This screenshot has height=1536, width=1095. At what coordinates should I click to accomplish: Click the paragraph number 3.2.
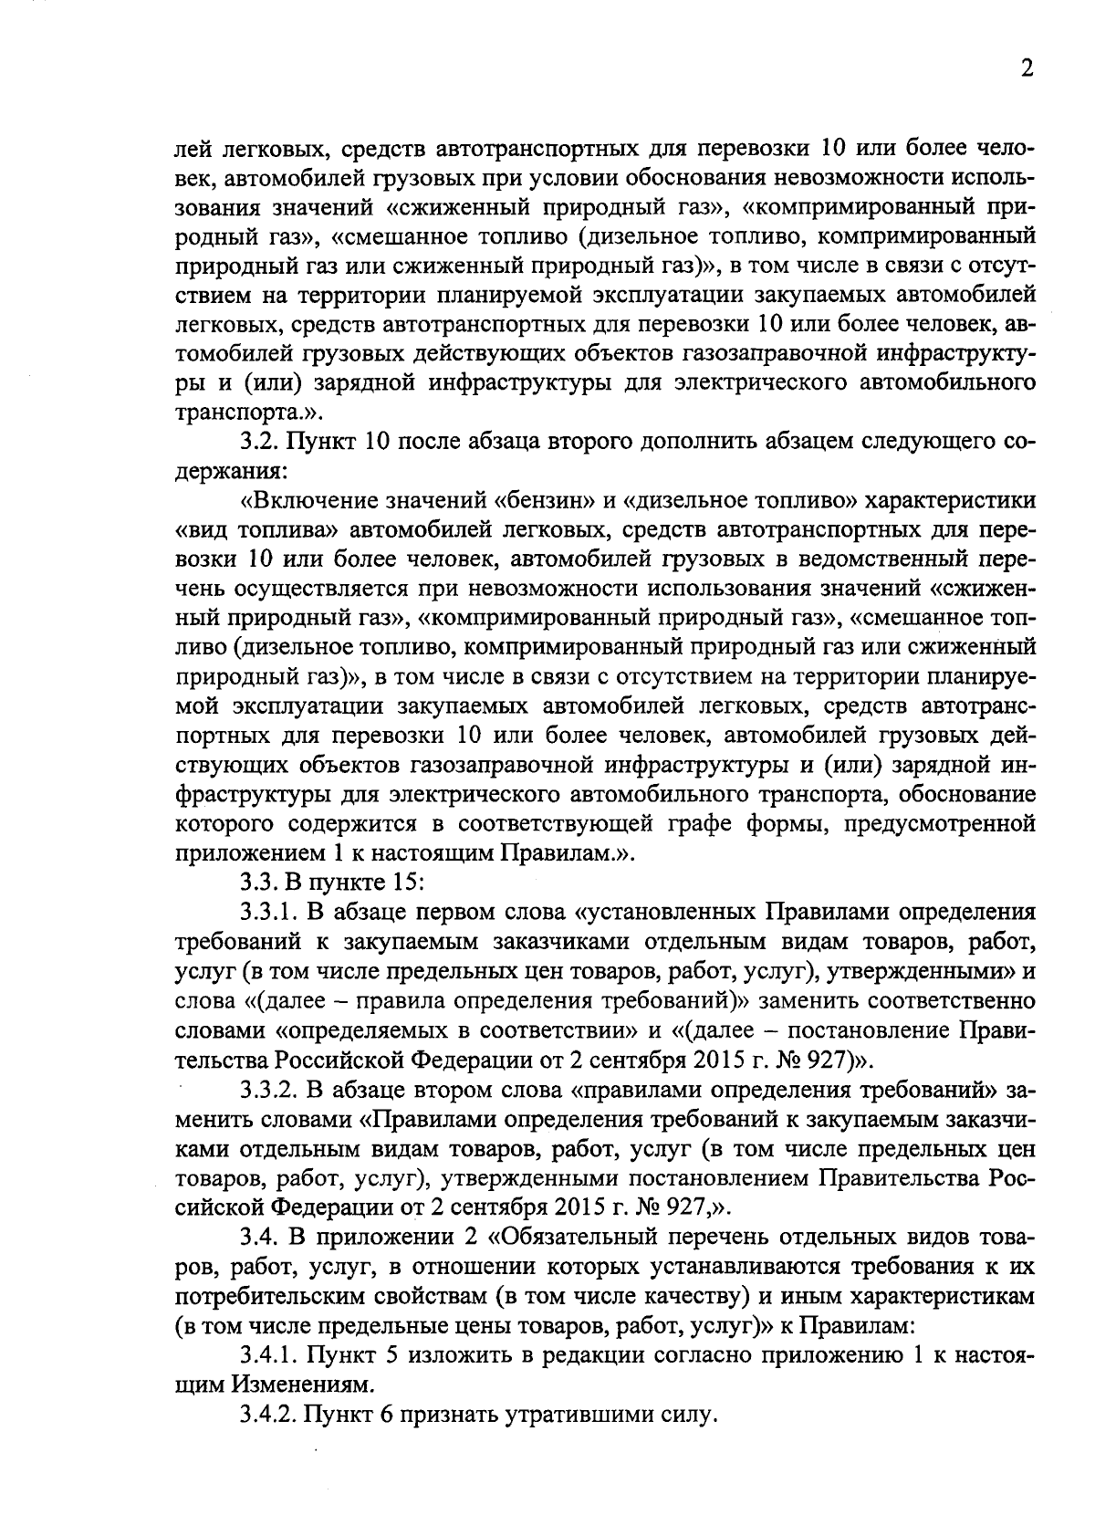point(261,443)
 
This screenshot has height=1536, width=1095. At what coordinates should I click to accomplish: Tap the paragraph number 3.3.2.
point(272,1091)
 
